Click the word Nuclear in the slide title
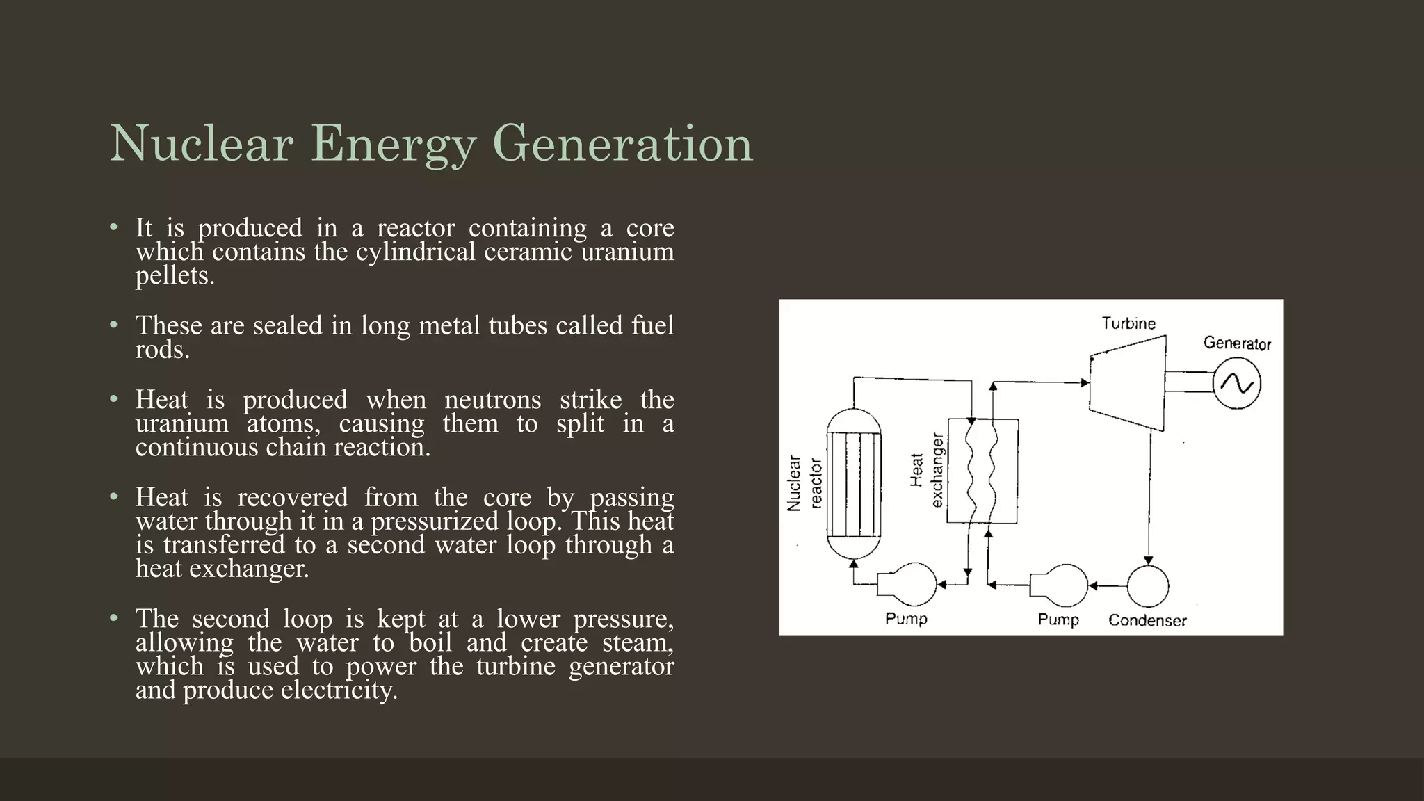[x=201, y=144]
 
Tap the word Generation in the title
[x=622, y=144]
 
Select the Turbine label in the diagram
[x=1128, y=323]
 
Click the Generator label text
[x=1237, y=343]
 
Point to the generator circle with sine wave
[x=1237, y=383]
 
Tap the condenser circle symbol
[x=1147, y=586]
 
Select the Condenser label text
[x=1147, y=620]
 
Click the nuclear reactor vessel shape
[x=854, y=483]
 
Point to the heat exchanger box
[x=983, y=471]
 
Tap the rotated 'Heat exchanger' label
[x=927, y=471]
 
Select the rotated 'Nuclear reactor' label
[x=804, y=483]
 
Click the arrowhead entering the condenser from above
[x=1149, y=560]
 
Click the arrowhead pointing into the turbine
[x=1085, y=382]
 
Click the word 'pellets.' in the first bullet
[x=175, y=276]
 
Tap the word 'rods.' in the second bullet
[x=163, y=350]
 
